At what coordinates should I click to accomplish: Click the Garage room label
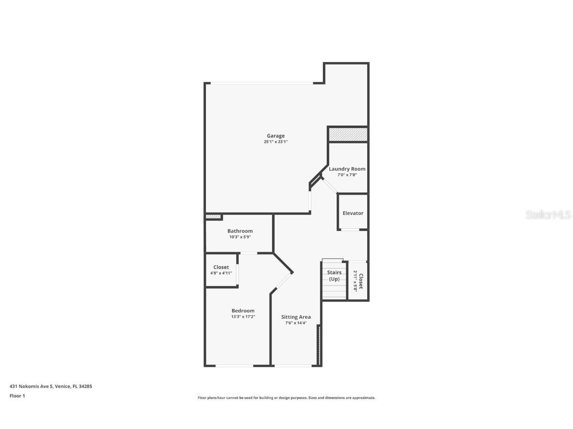pos(276,136)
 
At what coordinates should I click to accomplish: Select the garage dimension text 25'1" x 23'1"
pos(276,142)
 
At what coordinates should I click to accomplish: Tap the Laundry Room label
pos(347,169)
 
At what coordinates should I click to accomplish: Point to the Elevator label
pos(353,213)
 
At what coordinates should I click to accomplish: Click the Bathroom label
pos(240,231)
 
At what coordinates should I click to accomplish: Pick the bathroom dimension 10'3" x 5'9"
pos(240,237)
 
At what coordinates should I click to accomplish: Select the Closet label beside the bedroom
pos(221,267)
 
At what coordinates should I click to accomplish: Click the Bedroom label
pos(243,311)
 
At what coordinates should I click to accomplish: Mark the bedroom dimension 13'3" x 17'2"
pos(243,317)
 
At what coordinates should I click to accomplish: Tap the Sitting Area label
pos(296,317)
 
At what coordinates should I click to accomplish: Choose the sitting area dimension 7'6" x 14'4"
pos(296,323)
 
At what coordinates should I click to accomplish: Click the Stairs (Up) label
pos(334,276)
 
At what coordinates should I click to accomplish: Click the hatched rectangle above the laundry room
pos(348,135)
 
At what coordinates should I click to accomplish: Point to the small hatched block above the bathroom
pos(213,217)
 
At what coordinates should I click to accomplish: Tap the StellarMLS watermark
pos(548,214)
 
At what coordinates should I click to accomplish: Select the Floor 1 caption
pos(17,396)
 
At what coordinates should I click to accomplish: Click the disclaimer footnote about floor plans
pos(286,398)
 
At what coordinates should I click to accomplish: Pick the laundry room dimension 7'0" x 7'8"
pos(347,175)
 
